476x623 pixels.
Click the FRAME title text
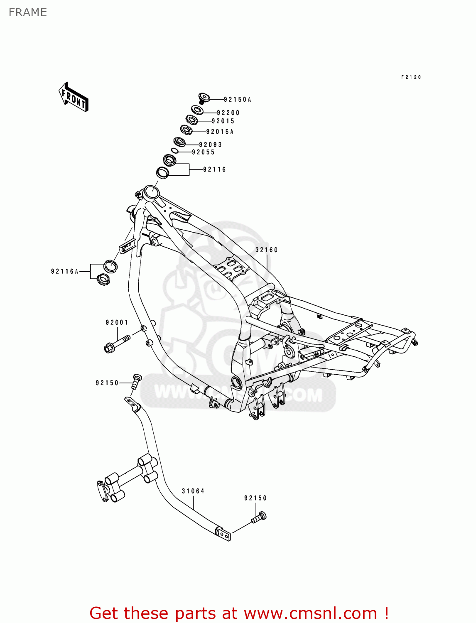[x=27, y=12]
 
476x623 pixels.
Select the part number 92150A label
[x=238, y=100]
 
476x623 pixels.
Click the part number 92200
[x=228, y=113]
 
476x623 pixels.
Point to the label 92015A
[x=220, y=132]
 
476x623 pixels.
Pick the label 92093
[x=210, y=145]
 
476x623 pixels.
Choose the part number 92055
[x=203, y=152]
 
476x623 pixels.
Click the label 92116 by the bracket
[x=214, y=169]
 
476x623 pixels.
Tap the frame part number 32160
[x=266, y=250]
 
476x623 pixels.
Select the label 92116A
[x=65, y=271]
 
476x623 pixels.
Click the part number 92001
[x=117, y=322]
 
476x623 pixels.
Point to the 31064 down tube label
[x=193, y=491]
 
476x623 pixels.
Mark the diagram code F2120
[x=411, y=77]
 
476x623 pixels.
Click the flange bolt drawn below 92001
[x=116, y=343]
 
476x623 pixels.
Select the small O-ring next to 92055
[x=175, y=151]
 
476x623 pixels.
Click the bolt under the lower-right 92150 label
[x=259, y=517]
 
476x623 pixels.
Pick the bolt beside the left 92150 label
[x=136, y=380]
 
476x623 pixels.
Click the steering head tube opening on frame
[x=151, y=192]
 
